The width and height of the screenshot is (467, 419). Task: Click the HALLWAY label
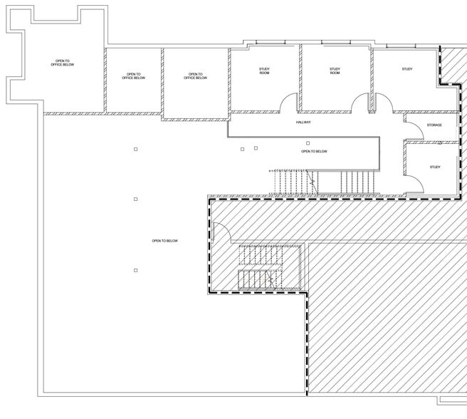point(303,123)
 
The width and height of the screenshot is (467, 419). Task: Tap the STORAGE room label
point(434,125)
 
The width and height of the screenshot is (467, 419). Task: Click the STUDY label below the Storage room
point(435,167)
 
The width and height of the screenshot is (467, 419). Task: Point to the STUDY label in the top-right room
point(407,69)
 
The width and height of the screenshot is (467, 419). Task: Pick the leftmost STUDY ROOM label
point(264,71)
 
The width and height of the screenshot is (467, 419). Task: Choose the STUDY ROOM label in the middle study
point(335,71)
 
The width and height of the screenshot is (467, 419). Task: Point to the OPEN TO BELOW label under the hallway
point(314,151)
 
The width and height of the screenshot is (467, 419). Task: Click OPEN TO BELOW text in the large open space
point(164,241)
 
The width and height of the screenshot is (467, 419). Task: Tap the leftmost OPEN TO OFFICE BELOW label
point(62,63)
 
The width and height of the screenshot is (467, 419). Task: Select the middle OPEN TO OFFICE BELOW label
point(133,76)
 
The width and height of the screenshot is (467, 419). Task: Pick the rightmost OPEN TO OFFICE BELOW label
point(195,76)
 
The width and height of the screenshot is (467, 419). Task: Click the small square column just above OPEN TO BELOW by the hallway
point(308,143)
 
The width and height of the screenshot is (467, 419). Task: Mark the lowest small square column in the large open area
point(135,270)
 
